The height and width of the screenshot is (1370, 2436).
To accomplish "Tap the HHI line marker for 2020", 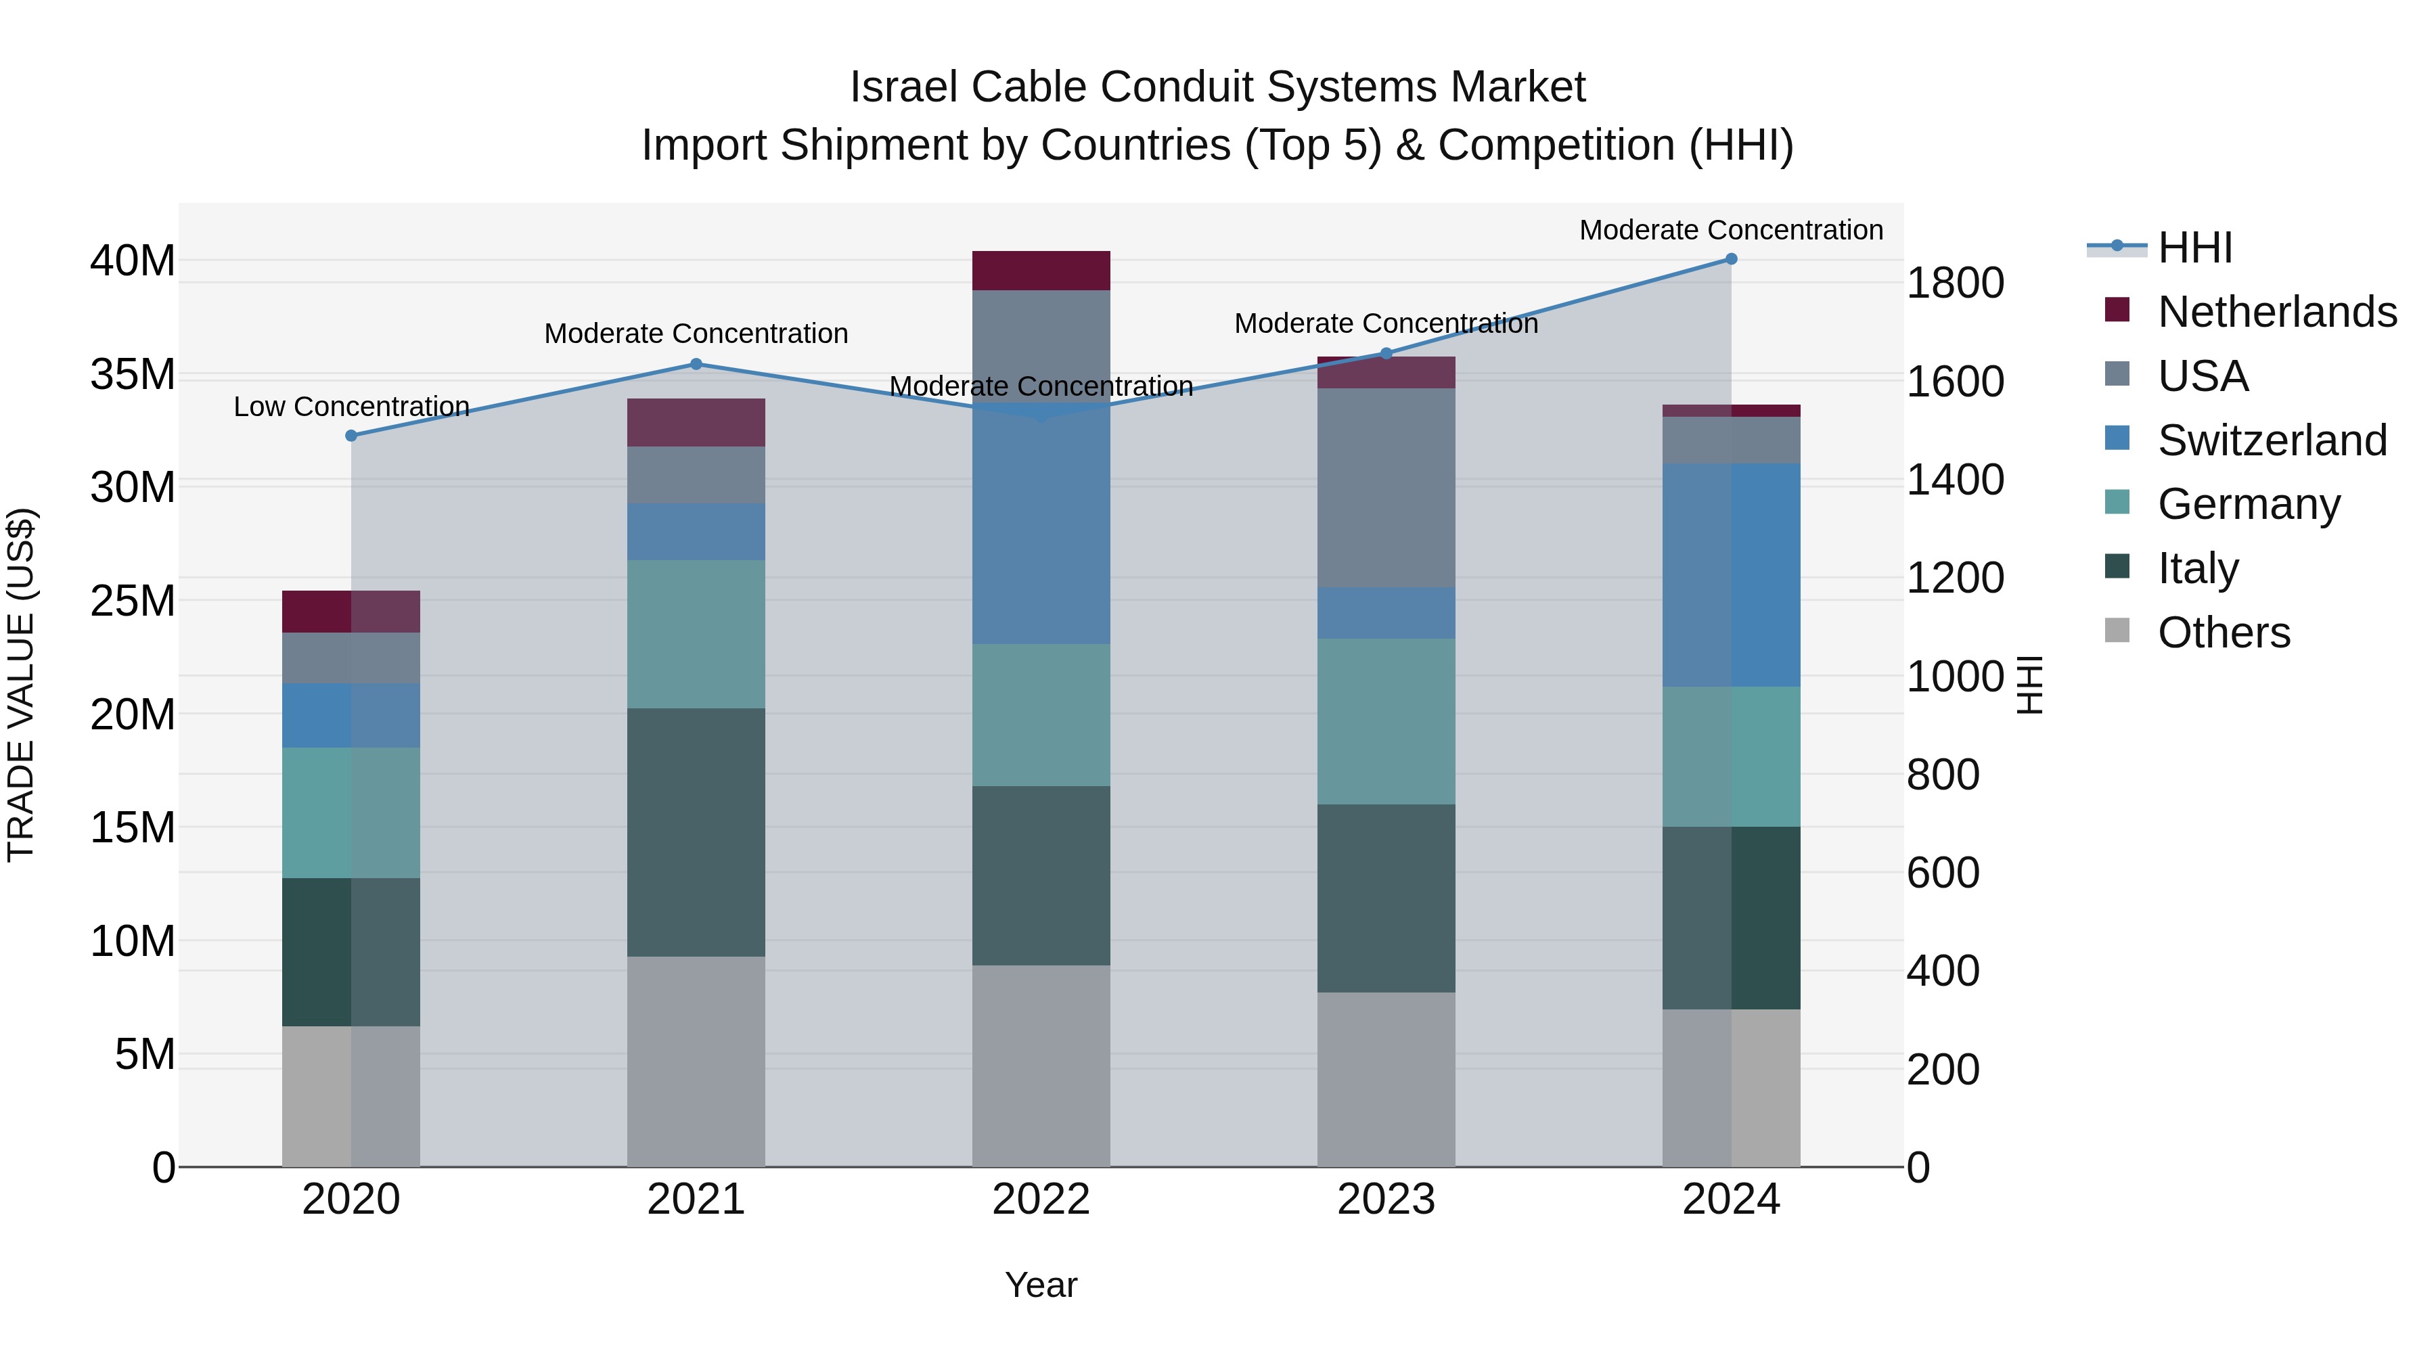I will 351,436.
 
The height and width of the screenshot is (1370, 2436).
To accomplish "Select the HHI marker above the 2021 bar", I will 696,364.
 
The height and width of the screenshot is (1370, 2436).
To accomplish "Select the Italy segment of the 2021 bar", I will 696,832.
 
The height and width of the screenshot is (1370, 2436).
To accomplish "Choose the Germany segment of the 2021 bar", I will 696,633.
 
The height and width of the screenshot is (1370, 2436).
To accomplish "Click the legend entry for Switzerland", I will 2272,440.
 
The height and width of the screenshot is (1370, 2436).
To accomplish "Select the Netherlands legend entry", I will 2276,312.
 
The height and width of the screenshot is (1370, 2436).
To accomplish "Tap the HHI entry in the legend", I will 2194,248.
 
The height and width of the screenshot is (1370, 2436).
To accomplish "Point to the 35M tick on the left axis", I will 133,374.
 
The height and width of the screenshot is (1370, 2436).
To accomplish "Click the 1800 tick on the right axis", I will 1954,283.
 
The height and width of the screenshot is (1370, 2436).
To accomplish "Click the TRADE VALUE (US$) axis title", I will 21,685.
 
